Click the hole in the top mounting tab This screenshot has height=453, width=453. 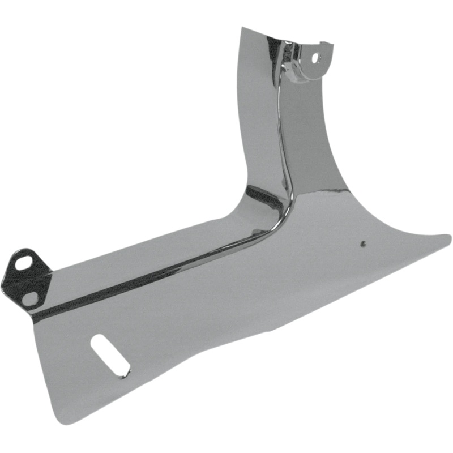coord(316,58)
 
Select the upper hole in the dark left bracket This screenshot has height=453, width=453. coord(25,263)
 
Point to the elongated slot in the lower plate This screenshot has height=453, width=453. coord(110,356)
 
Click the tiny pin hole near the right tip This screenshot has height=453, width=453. coord(362,244)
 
